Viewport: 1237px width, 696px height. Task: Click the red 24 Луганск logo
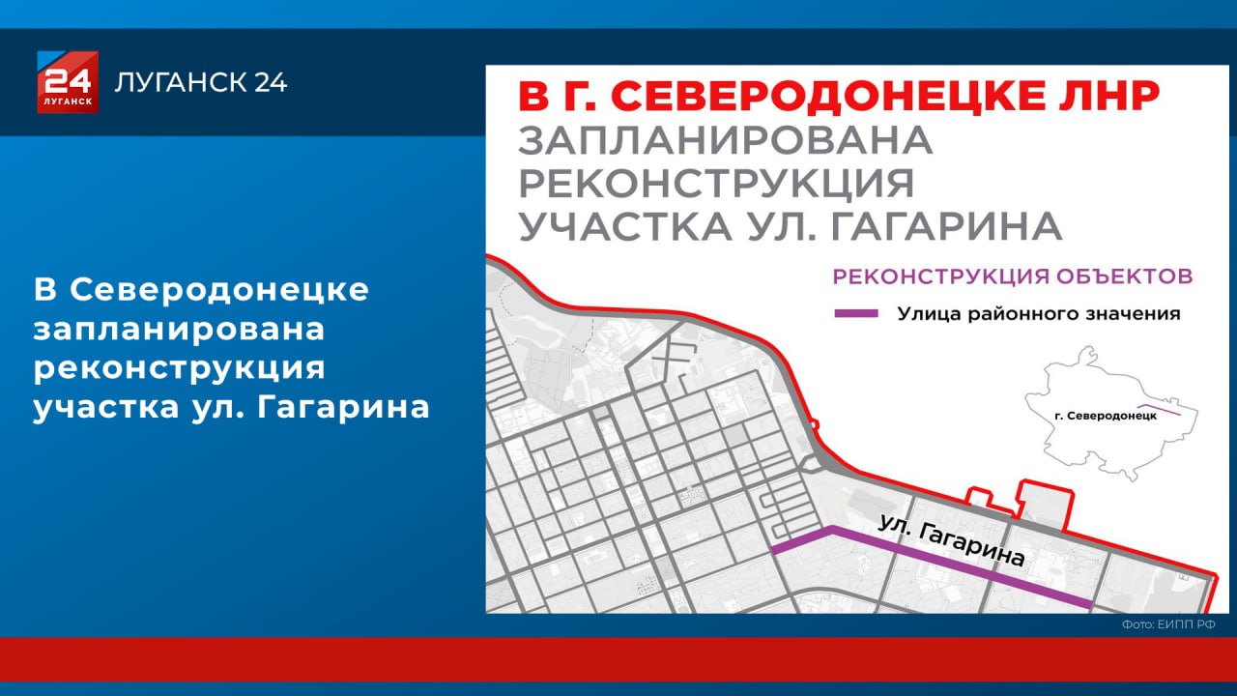pos(68,82)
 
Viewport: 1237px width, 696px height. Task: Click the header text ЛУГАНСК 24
pos(201,83)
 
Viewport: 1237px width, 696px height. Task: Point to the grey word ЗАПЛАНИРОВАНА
pos(726,141)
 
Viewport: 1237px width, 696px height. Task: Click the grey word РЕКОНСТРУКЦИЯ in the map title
pos(716,184)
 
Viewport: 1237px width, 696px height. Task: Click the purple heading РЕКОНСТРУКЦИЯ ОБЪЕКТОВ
pos(1013,276)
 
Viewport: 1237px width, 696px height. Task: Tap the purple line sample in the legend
pos(856,313)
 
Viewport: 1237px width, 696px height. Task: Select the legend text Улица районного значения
pos(1038,313)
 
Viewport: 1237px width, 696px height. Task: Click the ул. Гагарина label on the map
pos(952,541)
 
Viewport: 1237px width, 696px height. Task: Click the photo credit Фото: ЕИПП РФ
pos(1167,625)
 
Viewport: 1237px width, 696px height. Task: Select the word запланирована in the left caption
pos(179,329)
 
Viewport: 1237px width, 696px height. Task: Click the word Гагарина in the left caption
pos(345,407)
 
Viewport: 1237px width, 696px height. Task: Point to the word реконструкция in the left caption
pos(179,368)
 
